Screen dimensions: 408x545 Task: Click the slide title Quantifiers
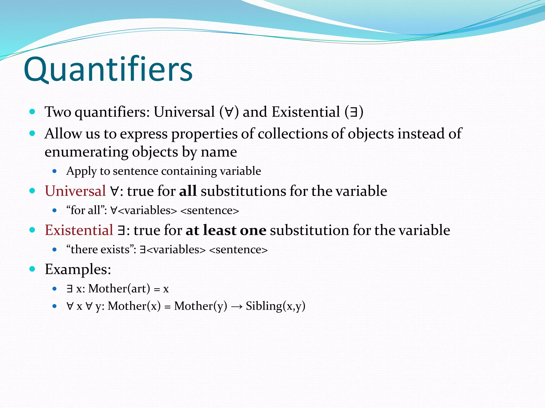pyautogui.click(x=108, y=70)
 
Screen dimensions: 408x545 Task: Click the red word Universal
pyautogui.click(x=75, y=191)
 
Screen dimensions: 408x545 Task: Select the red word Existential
pyautogui.click(x=79, y=230)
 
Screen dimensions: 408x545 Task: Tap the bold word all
pyautogui.click(x=188, y=191)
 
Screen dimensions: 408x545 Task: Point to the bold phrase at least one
pyautogui.click(x=226, y=230)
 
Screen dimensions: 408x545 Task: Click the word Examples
pyautogui.click(x=78, y=269)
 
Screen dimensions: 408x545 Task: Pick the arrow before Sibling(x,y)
pyautogui.click(x=237, y=306)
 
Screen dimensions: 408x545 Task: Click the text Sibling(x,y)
pyautogui.click(x=275, y=306)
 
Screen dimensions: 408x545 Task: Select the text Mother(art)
pyautogui.click(x=119, y=289)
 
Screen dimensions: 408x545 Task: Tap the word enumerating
pyautogui.click(x=86, y=152)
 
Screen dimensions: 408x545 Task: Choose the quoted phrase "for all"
pyautogui.click(x=86, y=210)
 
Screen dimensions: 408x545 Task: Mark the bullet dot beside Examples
pyautogui.click(x=32, y=269)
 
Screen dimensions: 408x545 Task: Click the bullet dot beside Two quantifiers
pyautogui.click(x=32, y=112)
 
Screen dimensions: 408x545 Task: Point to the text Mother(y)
pyautogui.click(x=201, y=306)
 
